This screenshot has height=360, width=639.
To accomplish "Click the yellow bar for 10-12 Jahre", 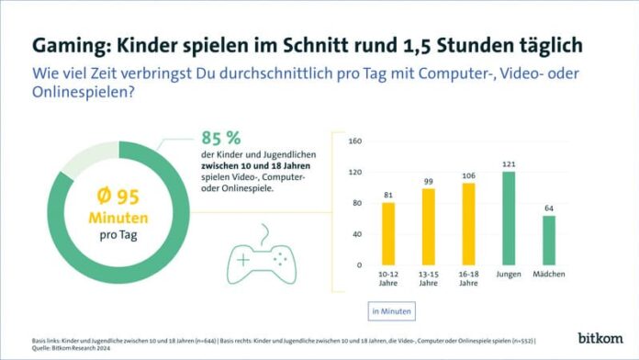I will click(387, 233).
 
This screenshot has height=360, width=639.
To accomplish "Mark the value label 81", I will click(387, 194).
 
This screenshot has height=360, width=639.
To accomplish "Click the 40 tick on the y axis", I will click(356, 234).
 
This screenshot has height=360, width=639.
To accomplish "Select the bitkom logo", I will click(600, 338).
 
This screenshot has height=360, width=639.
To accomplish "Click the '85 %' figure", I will click(220, 139).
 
